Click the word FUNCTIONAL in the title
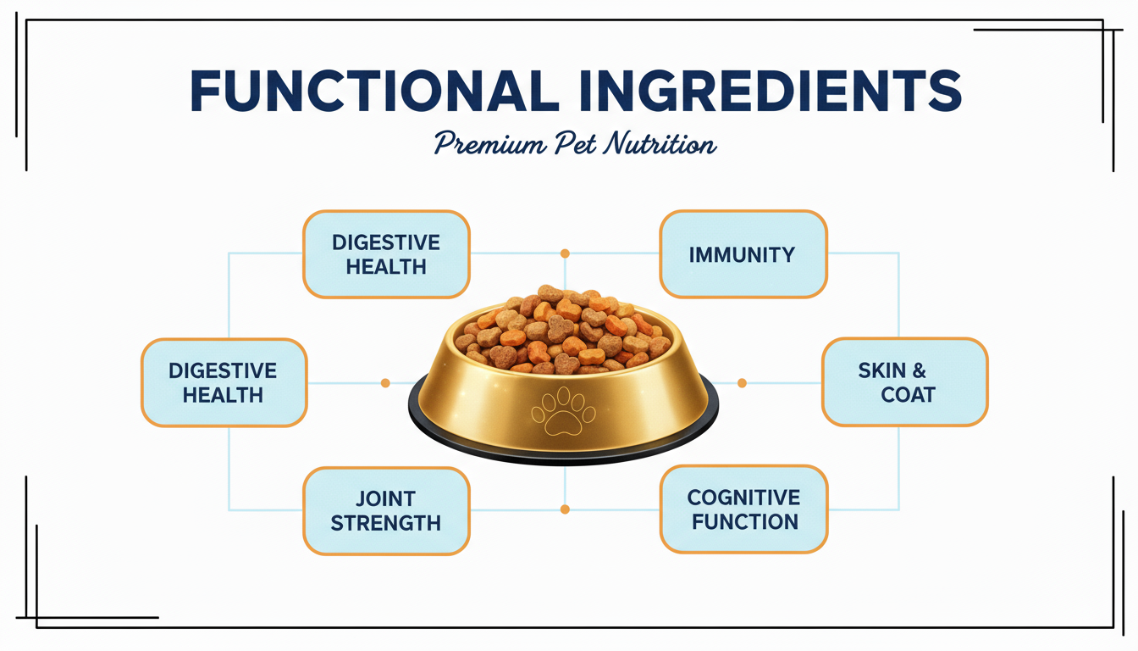point(375,92)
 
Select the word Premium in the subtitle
point(489,143)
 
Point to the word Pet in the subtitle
point(575,143)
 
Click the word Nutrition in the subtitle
point(660,143)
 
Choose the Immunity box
point(743,253)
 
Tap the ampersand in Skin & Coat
point(919,370)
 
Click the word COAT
point(908,395)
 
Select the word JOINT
point(385,498)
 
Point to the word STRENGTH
point(385,523)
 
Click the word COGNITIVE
point(743,498)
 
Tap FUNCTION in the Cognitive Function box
point(745,522)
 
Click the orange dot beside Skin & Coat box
point(742,383)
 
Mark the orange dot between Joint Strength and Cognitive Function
point(565,509)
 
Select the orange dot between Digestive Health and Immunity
point(565,253)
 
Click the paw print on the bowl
point(563,411)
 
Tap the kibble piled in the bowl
point(563,330)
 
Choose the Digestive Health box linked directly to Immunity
point(386,253)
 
